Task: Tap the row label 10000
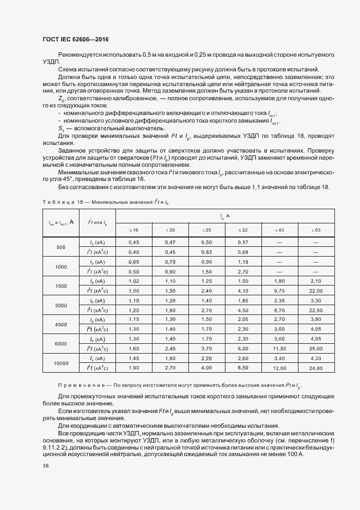pyautogui.click(x=61, y=362)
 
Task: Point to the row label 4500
pyautogui.click(x=61, y=324)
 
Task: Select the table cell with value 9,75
pyautogui.click(x=279, y=290)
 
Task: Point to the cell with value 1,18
pyautogui.click(x=243, y=262)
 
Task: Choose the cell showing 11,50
pyautogui.click(x=279, y=348)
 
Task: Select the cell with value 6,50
pyautogui.click(x=243, y=368)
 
